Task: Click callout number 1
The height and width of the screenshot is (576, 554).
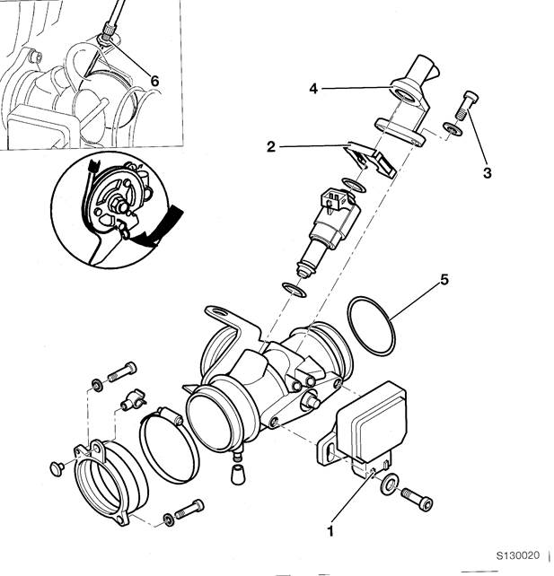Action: (330, 530)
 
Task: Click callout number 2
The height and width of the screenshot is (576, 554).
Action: (271, 147)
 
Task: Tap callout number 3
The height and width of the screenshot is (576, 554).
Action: (487, 172)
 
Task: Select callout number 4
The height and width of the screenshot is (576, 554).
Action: (313, 89)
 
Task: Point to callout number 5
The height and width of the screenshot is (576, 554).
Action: (444, 280)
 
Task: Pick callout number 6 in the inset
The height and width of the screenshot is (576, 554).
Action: (154, 81)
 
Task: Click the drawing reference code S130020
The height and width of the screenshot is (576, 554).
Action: (517, 555)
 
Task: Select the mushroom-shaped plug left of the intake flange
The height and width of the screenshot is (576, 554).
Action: (57, 468)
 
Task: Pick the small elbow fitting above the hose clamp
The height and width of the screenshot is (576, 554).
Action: (133, 399)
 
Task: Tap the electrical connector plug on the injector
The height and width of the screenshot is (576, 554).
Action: (334, 200)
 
